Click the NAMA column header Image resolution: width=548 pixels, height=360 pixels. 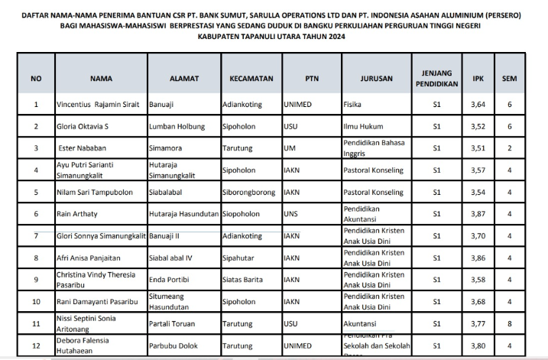pyautogui.click(x=101, y=78)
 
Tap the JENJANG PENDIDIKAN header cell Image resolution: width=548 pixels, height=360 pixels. pyautogui.click(x=436, y=78)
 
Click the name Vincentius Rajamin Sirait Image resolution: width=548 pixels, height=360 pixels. pyautogui.click(x=98, y=104)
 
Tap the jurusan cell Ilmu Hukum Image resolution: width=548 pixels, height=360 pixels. pyautogui.click(x=361, y=125)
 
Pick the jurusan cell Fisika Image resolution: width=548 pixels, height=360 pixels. pyautogui.click(x=352, y=104)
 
